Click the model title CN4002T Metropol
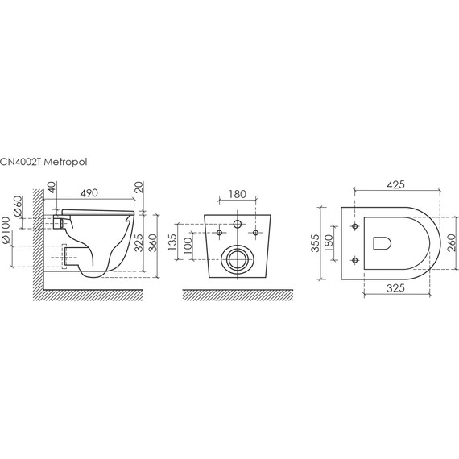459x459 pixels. click(43, 162)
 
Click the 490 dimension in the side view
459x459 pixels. click(89, 193)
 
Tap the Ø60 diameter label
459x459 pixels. click(18, 206)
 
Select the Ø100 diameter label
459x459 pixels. click(6, 230)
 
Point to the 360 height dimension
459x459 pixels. click(153, 243)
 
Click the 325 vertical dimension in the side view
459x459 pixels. click(139, 243)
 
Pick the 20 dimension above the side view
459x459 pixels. click(139, 187)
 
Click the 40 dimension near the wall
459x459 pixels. click(51, 187)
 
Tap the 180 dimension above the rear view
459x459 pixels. click(238, 194)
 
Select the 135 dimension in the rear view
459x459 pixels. click(172, 242)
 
